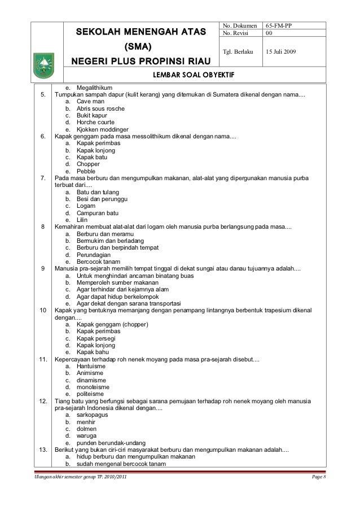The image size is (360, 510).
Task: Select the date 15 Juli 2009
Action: click(284, 52)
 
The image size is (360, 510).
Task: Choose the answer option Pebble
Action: click(86, 171)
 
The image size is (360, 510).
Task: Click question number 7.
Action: click(43, 178)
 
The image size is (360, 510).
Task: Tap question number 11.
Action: click(43, 359)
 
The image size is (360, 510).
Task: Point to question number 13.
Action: click(43, 449)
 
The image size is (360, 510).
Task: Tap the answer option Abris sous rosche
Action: click(100, 108)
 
